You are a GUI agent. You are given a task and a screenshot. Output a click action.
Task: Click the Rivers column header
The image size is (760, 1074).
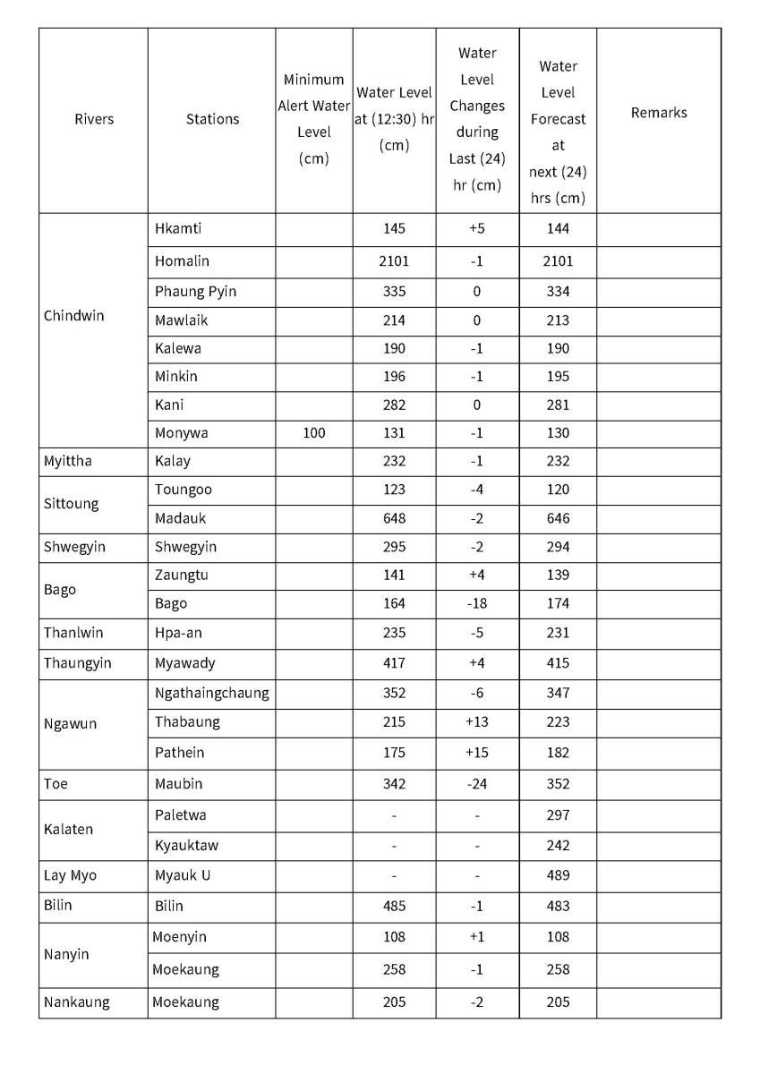pos(94,119)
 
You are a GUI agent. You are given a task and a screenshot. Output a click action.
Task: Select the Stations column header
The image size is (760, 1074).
pos(212,119)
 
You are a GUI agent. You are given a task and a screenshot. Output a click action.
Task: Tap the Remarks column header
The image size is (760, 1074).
pos(658,113)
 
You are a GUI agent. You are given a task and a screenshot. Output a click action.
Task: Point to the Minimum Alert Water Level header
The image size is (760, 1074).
pos(313,119)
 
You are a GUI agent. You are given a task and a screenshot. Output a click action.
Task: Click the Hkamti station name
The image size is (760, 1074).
pos(178,228)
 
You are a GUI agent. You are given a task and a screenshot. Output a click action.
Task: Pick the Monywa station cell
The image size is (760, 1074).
pos(181,433)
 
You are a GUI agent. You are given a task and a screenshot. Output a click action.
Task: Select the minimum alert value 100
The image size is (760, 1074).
pos(313,433)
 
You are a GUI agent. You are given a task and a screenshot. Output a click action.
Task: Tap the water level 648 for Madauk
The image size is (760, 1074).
pos(394,518)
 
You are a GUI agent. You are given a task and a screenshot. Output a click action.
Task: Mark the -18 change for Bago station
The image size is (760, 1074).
pos(476,603)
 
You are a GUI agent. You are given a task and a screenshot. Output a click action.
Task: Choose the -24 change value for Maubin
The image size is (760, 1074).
pos(476,784)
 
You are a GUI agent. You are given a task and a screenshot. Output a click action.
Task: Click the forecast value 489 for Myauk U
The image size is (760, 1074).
pos(557,875)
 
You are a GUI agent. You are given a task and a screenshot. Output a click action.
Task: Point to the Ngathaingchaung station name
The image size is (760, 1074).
pos(211,693)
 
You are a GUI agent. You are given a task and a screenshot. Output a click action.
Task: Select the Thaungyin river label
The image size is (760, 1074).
pos(77,663)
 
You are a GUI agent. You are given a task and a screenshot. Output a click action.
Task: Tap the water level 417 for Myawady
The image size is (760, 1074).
pos(394,663)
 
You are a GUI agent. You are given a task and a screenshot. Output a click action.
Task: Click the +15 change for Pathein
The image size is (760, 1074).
pos(476,753)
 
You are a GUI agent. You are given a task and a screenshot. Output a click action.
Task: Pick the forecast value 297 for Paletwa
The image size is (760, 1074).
pos(557,815)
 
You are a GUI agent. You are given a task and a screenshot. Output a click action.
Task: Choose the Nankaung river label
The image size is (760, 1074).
pos(76,1002)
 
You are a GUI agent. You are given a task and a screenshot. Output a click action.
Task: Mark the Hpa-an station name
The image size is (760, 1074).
pos(179,633)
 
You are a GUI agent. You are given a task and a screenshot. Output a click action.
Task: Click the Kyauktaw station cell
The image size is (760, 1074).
pos(186,846)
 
